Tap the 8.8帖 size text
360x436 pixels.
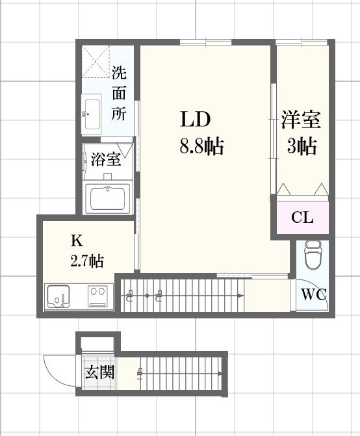201,147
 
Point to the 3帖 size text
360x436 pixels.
302,147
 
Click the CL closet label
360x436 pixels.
302,218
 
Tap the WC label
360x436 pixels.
313,294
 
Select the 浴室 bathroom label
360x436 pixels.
105,159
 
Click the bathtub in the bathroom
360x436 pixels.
108,197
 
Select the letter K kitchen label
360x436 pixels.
77,241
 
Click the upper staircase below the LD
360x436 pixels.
182,296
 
